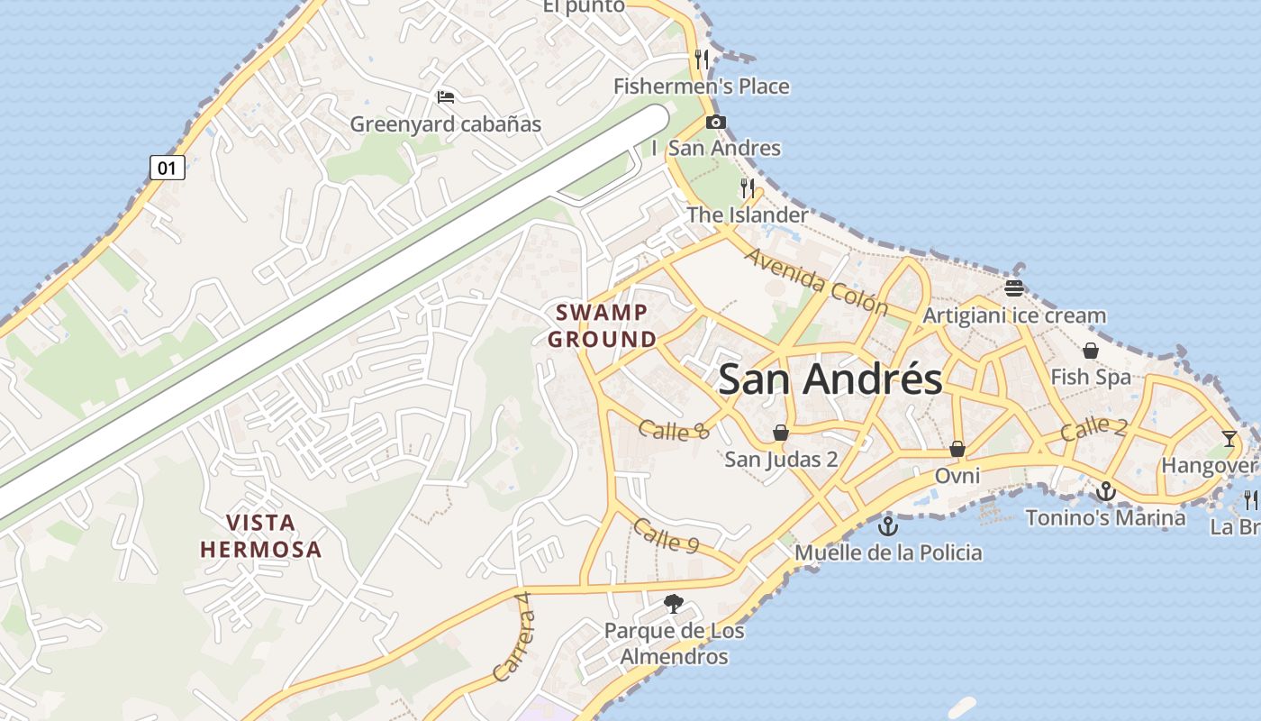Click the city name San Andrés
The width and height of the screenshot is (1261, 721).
tap(830, 379)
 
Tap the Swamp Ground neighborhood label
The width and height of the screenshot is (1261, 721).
tap(603, 326)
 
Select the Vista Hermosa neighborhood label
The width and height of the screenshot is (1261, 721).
tap(261, 535)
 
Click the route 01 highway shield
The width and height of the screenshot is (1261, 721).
tap(168, 167)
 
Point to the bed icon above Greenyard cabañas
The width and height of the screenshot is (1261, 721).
tap(445, 97)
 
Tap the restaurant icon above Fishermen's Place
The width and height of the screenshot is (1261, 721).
tap(702, 59)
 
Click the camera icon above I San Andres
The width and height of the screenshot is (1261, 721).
tap(716, 122)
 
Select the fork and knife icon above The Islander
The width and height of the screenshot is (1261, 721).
tap(748, 187)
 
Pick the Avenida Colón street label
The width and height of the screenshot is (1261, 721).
tap(816, 280)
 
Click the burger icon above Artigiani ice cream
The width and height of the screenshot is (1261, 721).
tap(1014, 288)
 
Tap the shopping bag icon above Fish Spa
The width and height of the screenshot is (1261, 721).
tap(1090, 350)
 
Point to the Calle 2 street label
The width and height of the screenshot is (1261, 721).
tap(1093, 428)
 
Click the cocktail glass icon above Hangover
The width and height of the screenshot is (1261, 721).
tap(1229, 439)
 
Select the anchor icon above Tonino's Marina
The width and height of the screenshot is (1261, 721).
tap(1106, 491)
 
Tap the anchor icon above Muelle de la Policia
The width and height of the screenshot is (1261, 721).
tap(888, 525)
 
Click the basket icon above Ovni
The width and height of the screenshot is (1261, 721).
tap(957, 448)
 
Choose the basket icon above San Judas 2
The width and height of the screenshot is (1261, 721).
tap(781, 433)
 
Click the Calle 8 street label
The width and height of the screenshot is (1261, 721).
tap(674, 430)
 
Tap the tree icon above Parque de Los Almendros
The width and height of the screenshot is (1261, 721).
tap(673, 603)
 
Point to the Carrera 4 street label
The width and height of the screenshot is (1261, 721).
tap(515, 645)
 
